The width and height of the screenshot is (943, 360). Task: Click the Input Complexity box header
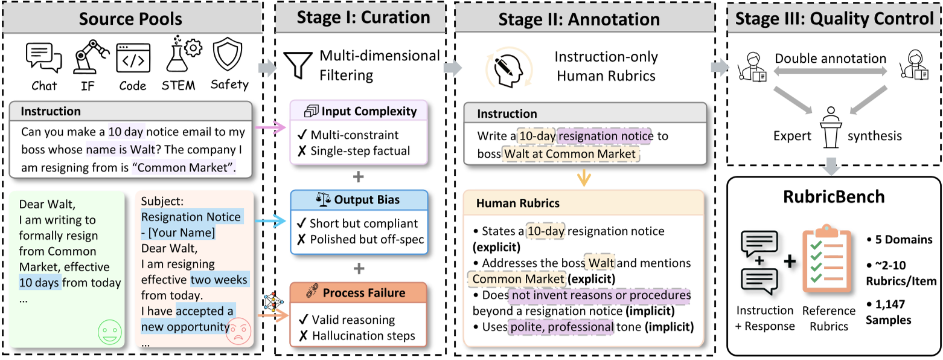click(x=359, y=111)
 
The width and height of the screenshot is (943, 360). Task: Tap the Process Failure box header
click(x=359, y=293)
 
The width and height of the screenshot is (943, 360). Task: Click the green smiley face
click(x=109, y=333)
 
